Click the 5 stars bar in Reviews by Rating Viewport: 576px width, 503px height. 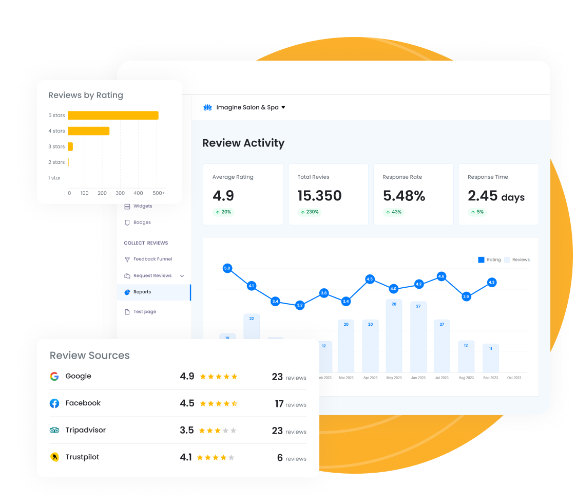coord(113,115)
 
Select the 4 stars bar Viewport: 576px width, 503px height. coord(88,131)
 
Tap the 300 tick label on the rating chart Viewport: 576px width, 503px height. coord(120,193)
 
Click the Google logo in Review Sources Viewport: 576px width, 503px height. coord(54,376)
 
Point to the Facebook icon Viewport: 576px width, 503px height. coord(54,403)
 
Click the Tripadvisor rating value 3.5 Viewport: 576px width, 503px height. coord(187,430)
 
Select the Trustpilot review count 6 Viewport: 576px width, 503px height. coord(280,457)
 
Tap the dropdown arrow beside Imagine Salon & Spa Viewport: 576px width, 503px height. coord(283,107)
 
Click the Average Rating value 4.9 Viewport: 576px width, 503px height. coord(223,196)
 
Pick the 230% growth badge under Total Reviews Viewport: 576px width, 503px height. coord(310,212)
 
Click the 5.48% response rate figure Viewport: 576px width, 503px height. coord(404,196)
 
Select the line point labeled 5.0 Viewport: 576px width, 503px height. coord(227,268)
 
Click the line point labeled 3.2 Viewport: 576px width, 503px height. coord(300,305)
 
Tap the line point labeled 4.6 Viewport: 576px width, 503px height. coord(441,276)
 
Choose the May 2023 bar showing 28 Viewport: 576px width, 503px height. coord(394,336)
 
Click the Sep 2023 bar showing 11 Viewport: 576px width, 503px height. coord(490,358)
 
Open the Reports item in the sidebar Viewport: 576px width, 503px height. coord(142,292)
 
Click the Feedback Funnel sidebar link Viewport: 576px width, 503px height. coord(152,259)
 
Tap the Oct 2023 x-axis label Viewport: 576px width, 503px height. coord(514,378)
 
